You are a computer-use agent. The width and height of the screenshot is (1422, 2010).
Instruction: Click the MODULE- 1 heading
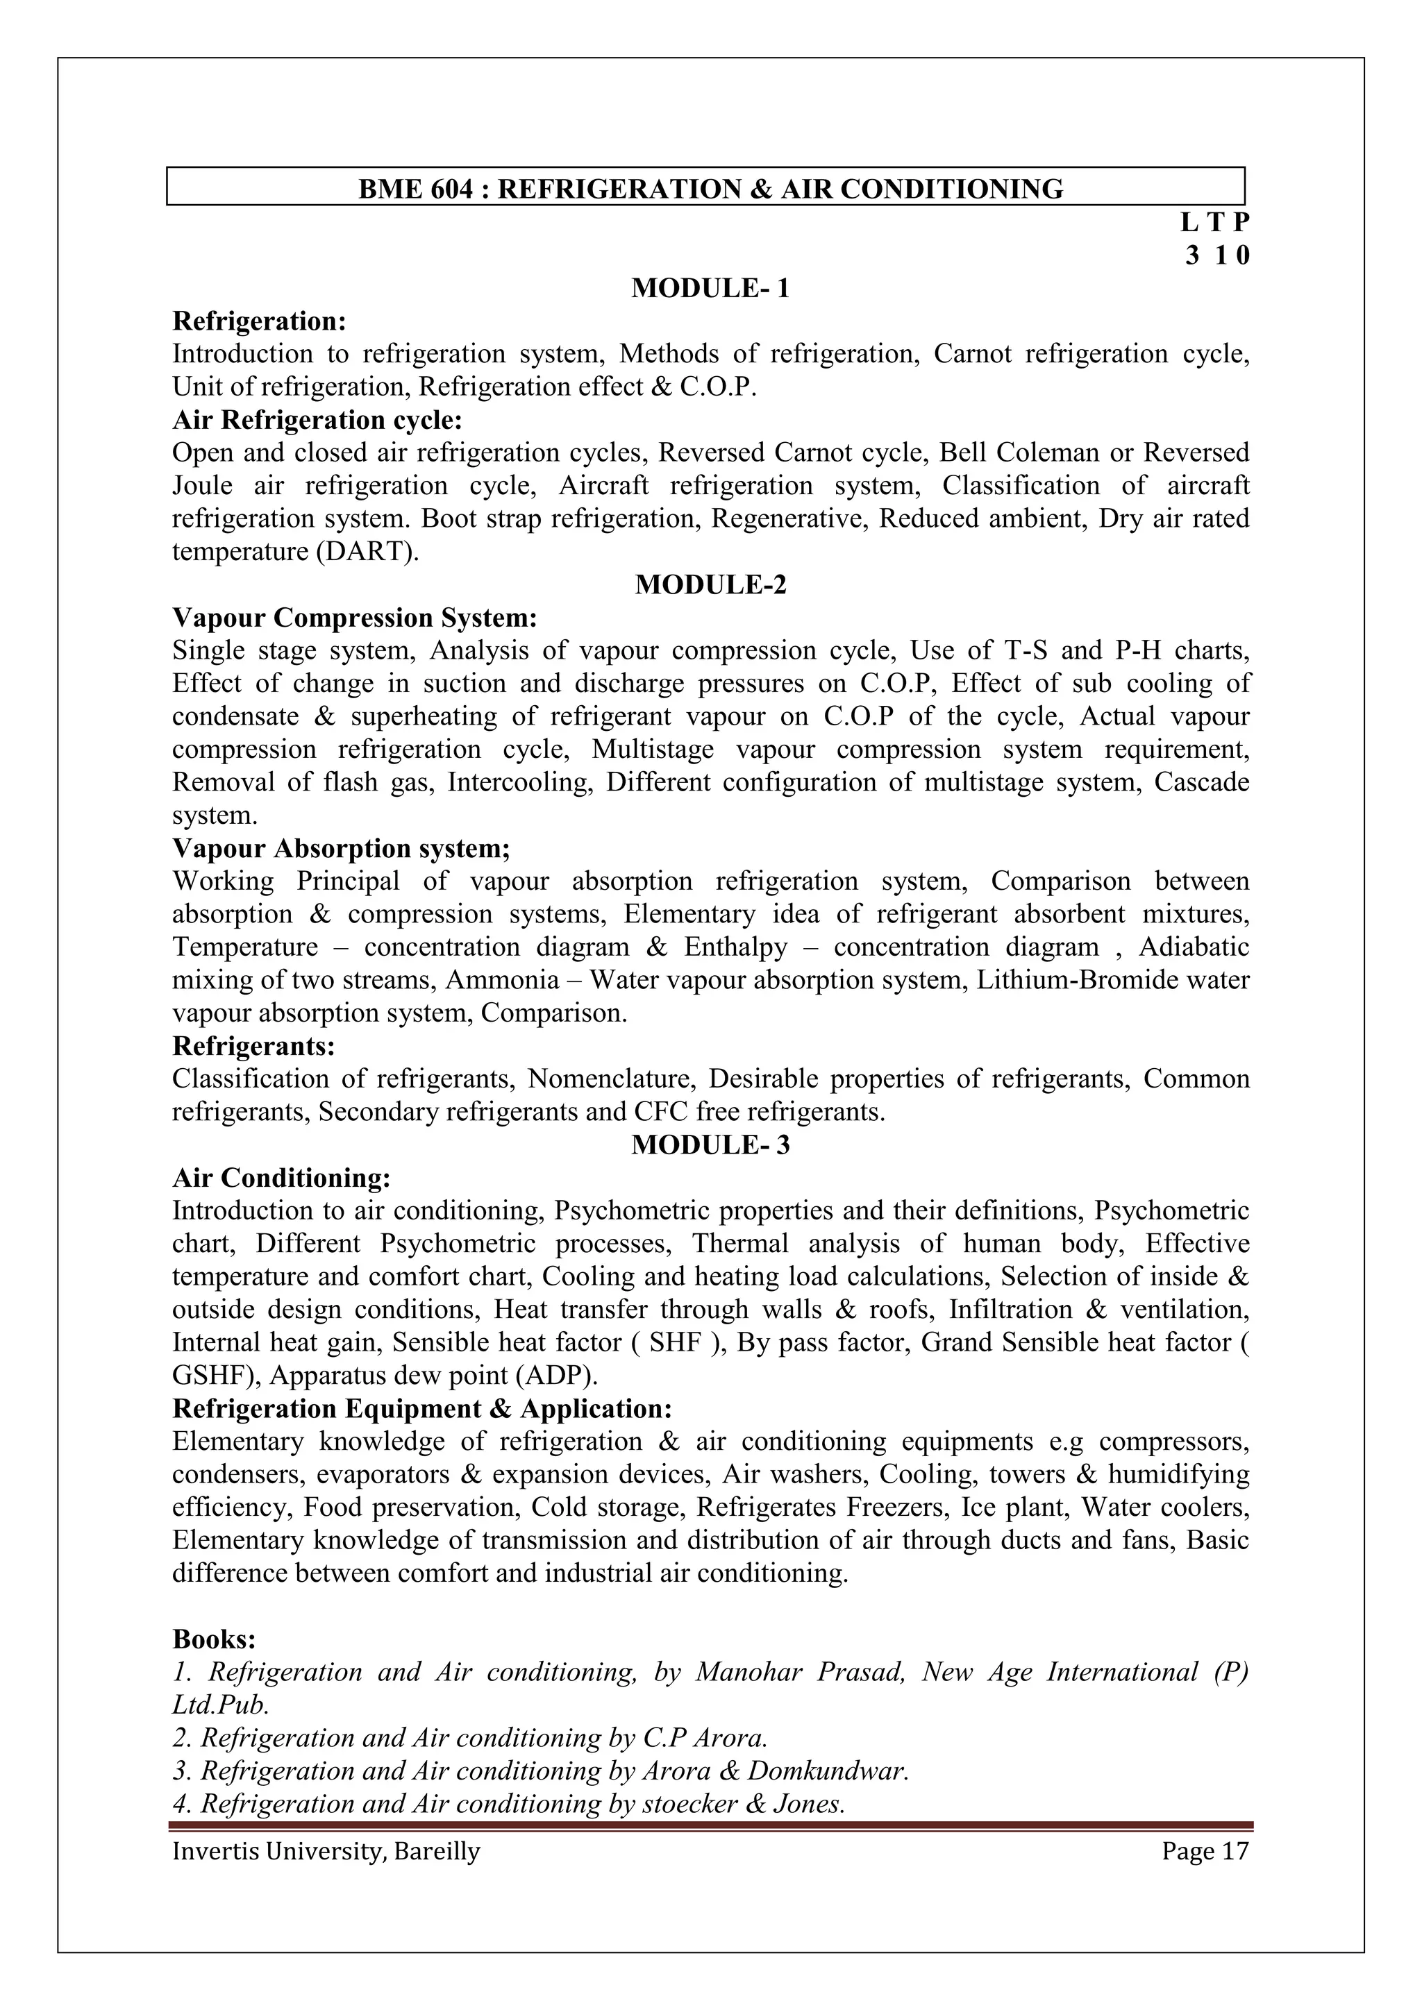[710, 288]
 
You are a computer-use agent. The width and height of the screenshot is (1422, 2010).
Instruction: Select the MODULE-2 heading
[710, 585]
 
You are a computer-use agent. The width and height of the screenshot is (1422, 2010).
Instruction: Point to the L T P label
[1215, 222]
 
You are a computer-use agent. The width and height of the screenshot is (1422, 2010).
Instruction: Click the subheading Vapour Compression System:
[355, 618]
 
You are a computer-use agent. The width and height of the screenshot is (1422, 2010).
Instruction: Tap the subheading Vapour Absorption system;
[342, 848]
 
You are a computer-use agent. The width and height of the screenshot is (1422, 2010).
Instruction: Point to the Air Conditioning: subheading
[281, 1179]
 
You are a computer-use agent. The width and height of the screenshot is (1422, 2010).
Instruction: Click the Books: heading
[214, 1639]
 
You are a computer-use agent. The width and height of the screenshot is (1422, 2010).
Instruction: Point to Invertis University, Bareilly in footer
[326, 1852]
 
